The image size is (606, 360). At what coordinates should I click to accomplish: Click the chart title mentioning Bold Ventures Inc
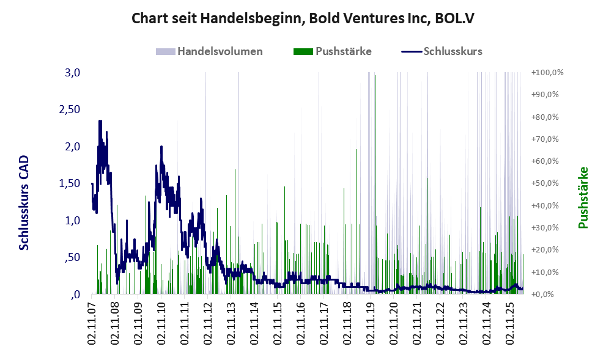click(x=303, y=18)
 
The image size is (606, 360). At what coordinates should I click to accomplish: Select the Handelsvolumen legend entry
click(x=209, y=51)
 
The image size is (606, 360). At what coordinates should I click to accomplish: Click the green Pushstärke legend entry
click(x=333, y=51)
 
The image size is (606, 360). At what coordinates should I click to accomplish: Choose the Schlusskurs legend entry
click(x=442, y=51)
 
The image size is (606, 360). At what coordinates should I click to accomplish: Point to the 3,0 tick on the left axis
click(x=72, y=73)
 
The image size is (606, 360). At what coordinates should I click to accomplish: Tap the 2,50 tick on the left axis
click(x=70, y=109)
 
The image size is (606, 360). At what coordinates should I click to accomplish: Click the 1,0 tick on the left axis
click(x=72, y=221)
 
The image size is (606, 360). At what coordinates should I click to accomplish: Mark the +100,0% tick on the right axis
click(x=547, y=73)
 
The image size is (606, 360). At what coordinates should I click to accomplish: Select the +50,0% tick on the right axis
click(x=545, y=183)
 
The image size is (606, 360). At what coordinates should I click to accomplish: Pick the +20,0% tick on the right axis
click(x=545, y=249)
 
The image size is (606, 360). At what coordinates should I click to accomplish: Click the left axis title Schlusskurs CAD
click(x=24, y=202)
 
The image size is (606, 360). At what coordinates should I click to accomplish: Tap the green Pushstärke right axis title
click(x=583, y=197)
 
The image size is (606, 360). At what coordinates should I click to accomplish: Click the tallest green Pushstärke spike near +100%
click(x=375, y=185)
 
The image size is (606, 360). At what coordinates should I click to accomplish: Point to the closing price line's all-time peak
click(x=100, y=121)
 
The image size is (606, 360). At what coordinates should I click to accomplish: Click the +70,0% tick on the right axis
click(x=545, y=139)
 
